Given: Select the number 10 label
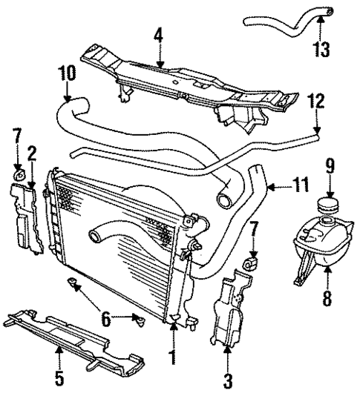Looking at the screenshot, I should pyautogui.click(x=66, y=74).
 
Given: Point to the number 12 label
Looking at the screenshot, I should pyautogui.click(x=316, y=101).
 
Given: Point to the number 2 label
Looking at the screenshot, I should pyautogui.click(x=32, y=153).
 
